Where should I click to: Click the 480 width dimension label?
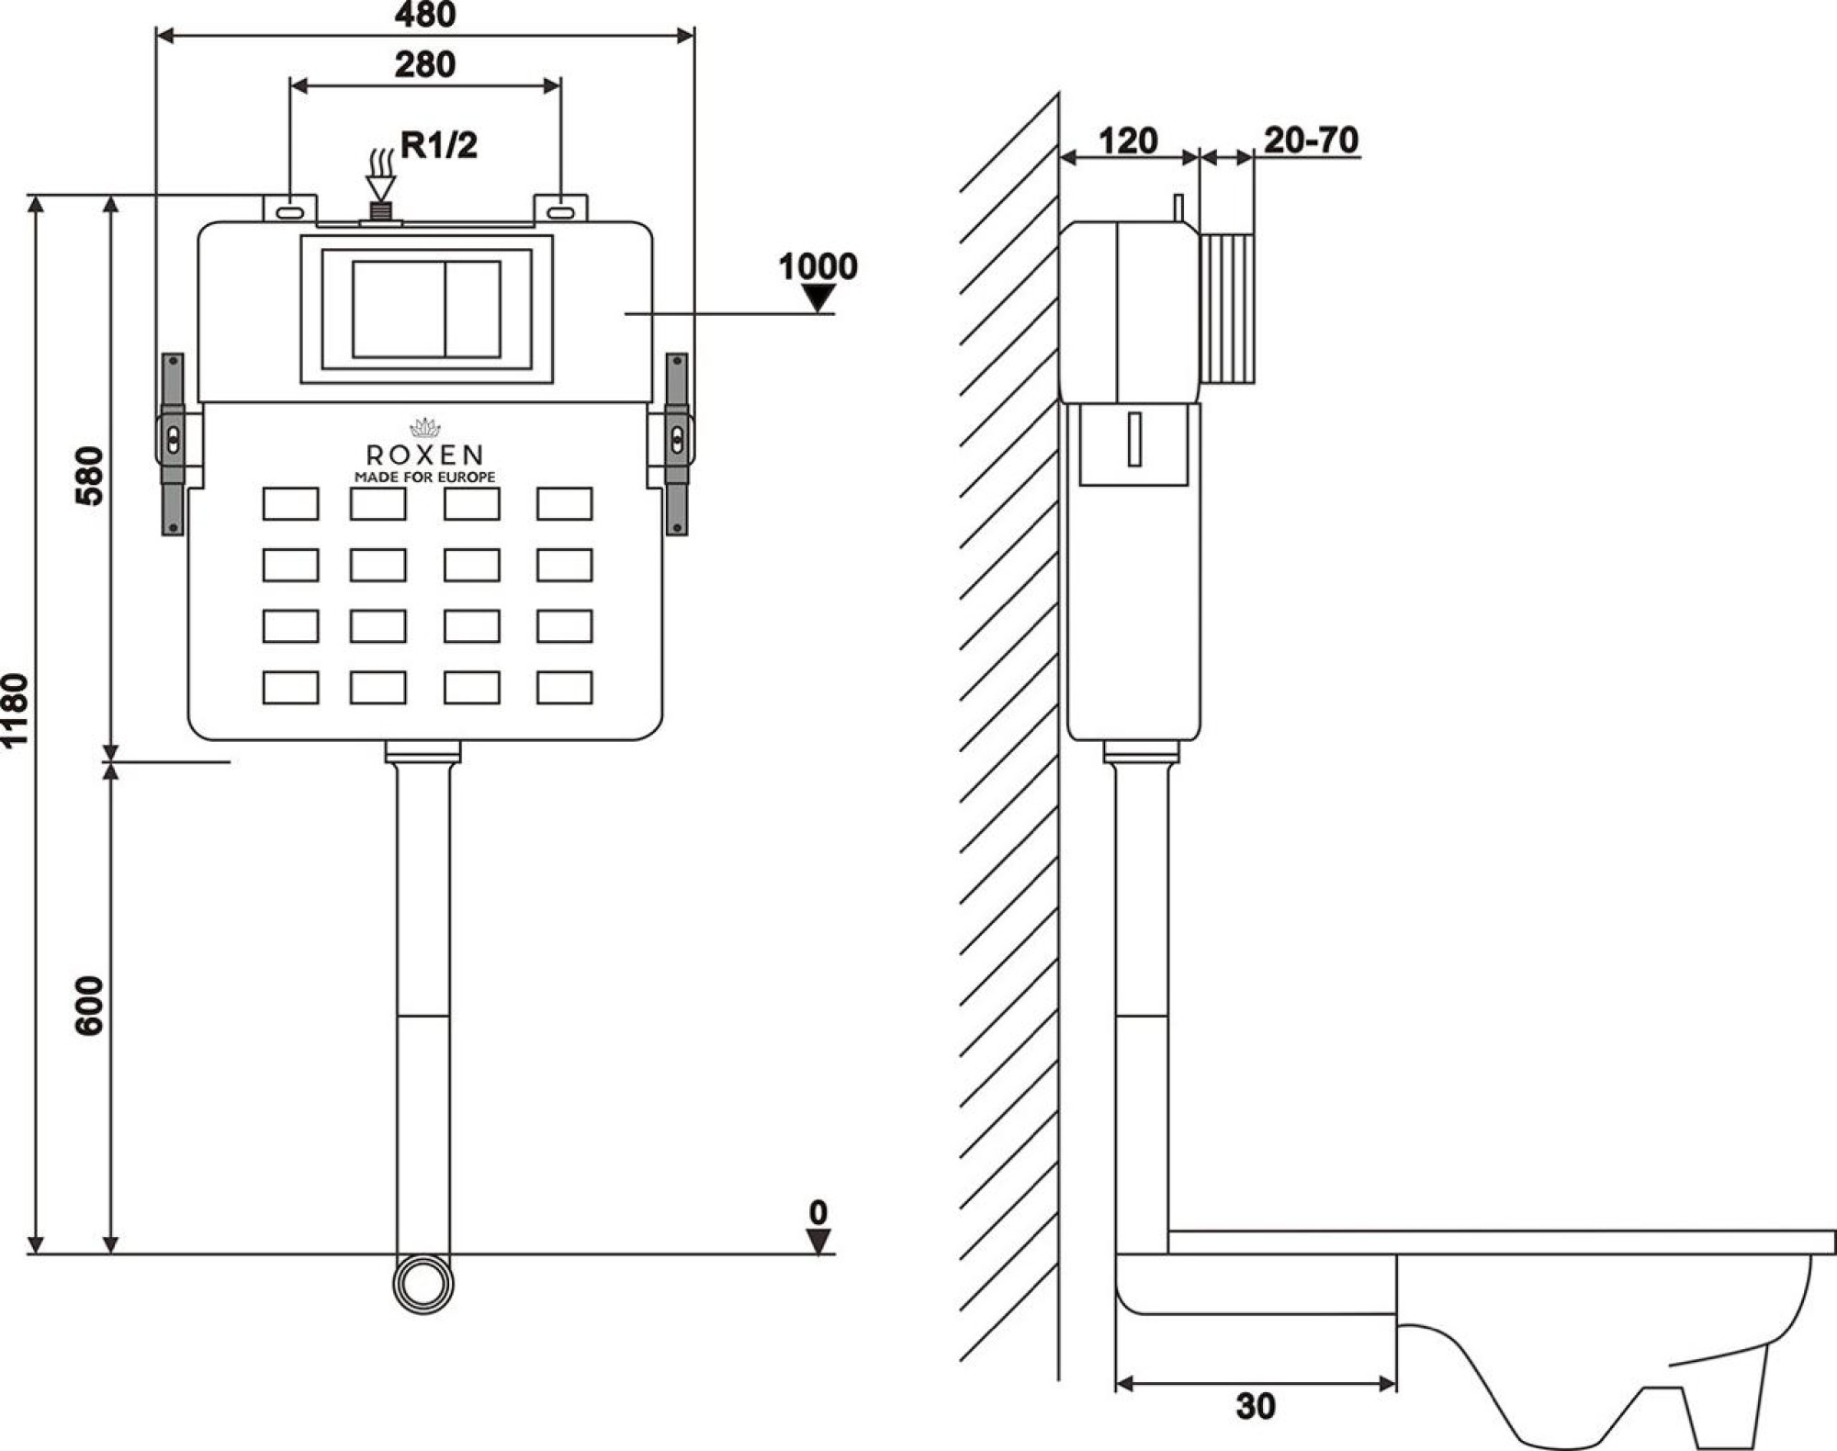[x=424, y=15]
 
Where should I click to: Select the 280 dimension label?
[x=424, y=64]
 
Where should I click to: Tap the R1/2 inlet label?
[x=439, y=145]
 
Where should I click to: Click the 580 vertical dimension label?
[x=90, y=476]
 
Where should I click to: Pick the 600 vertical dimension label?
[x=90, y=1006]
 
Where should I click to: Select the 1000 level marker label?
[x=817, y=266]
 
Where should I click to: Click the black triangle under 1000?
[x=817, y=297]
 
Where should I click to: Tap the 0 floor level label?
[x=817, y=1212]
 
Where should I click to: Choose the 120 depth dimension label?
[x=1128, y=141]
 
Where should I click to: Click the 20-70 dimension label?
[x=1311, y=140]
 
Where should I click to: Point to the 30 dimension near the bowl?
[x=1256, y=1406]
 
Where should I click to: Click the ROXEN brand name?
[x=424, y=455]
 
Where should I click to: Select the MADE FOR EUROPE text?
[x=424, y=478]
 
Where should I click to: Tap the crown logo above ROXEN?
[x=424, y=428]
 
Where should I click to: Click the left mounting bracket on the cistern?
[x=173, y=444]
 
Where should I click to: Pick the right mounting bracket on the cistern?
[x=677, y=444]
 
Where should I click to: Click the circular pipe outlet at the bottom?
[x=423, y=1284]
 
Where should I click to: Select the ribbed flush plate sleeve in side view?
[x=1228, y=308]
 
